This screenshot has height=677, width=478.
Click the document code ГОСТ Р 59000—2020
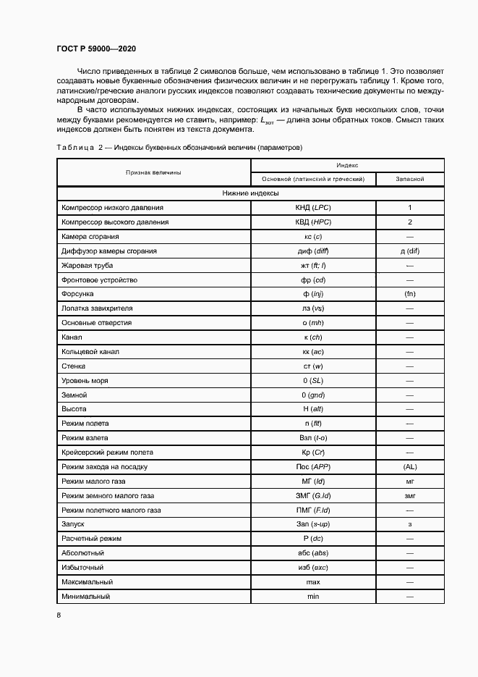[95, 49]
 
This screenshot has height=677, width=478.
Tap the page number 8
[59, 615]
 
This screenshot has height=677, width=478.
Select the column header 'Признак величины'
[153, 172]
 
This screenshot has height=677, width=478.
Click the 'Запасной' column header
[409, 179]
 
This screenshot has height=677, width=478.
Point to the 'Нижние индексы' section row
[250, 193]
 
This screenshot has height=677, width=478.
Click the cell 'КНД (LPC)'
[312, 208]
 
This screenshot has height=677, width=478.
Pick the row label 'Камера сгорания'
[90, 237]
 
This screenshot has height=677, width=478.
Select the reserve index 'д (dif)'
[409, 251]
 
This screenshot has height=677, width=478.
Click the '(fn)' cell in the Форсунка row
[409, 295]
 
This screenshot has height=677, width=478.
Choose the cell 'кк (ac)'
[312, 352]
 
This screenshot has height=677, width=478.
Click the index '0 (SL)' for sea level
[312, 381]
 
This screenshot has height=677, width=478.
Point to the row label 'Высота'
[74, 410]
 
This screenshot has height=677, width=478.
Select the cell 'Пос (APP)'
[312, 467]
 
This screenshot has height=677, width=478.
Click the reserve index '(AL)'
[409, 467]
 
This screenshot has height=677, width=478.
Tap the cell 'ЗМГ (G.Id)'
[312, 496]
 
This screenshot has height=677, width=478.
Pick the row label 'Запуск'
[74, 524]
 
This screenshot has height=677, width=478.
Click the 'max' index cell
[312, 582]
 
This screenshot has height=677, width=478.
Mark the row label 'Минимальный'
[86, 597]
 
